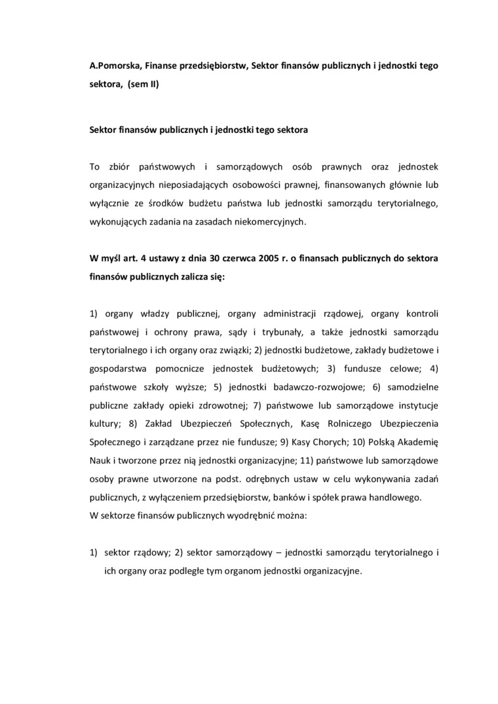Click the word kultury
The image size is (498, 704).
pos(104,424)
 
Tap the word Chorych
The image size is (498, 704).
pos(299,442)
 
